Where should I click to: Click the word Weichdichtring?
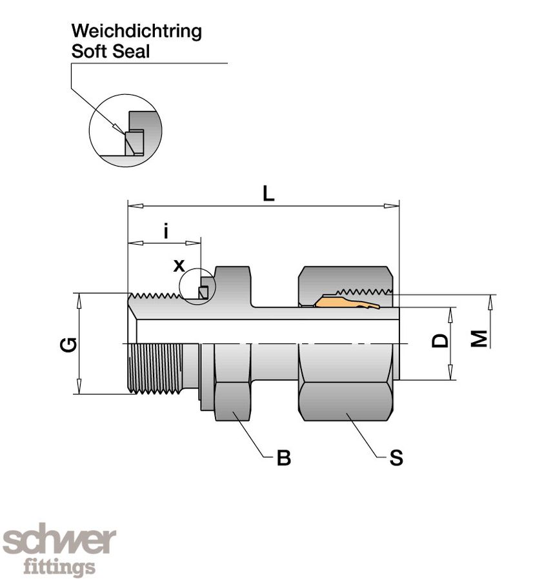coord(136,31)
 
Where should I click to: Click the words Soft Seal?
coord(110,52)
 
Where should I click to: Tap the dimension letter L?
coord(268,194)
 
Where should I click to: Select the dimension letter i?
coord(165,230)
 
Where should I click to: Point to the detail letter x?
coord(179,265)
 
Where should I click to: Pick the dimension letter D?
coord(440,340)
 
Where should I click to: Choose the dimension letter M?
coord(479,338)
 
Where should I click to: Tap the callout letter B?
coord(283,458)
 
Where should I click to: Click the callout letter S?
coord(396,458)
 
